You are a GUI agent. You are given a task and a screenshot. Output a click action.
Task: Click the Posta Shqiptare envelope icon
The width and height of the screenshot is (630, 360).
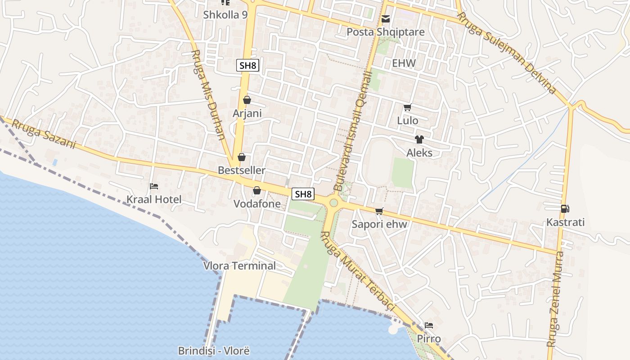pos(386,19)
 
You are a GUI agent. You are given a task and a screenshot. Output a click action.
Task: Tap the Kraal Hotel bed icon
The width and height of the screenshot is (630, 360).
pos(154,186)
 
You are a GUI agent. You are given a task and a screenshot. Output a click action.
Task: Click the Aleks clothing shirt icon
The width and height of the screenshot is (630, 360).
pos(419,139)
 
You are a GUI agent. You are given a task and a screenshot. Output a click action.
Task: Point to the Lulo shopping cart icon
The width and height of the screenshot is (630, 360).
pos(408,107)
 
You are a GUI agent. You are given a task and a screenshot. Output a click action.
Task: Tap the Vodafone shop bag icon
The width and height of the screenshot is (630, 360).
pos(257,190)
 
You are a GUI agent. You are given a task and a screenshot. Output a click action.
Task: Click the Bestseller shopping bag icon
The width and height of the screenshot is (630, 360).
pos(242,157)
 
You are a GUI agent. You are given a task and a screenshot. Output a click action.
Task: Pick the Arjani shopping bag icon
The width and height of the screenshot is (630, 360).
pos(247,100)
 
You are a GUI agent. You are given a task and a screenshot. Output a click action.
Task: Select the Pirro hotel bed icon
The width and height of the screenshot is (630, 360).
pos(429,325)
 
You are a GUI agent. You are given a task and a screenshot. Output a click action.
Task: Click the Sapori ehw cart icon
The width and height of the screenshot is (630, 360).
pos(379,211)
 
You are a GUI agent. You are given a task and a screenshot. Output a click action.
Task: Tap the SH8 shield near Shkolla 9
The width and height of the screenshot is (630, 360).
pos(247,65)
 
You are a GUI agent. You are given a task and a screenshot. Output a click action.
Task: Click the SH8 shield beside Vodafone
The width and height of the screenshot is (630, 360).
pos(303,194)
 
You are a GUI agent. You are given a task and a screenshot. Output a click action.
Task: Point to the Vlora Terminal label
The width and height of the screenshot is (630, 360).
pos(239,265)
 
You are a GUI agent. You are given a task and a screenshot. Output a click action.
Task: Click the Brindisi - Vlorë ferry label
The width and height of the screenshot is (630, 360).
pos(214,351)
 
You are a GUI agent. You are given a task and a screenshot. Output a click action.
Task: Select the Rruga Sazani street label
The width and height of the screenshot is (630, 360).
pos(44,134)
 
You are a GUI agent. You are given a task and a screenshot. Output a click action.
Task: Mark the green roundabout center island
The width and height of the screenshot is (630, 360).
pos(333,202)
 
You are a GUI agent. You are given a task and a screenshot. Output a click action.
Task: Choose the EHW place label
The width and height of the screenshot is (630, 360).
pos(404,63)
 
